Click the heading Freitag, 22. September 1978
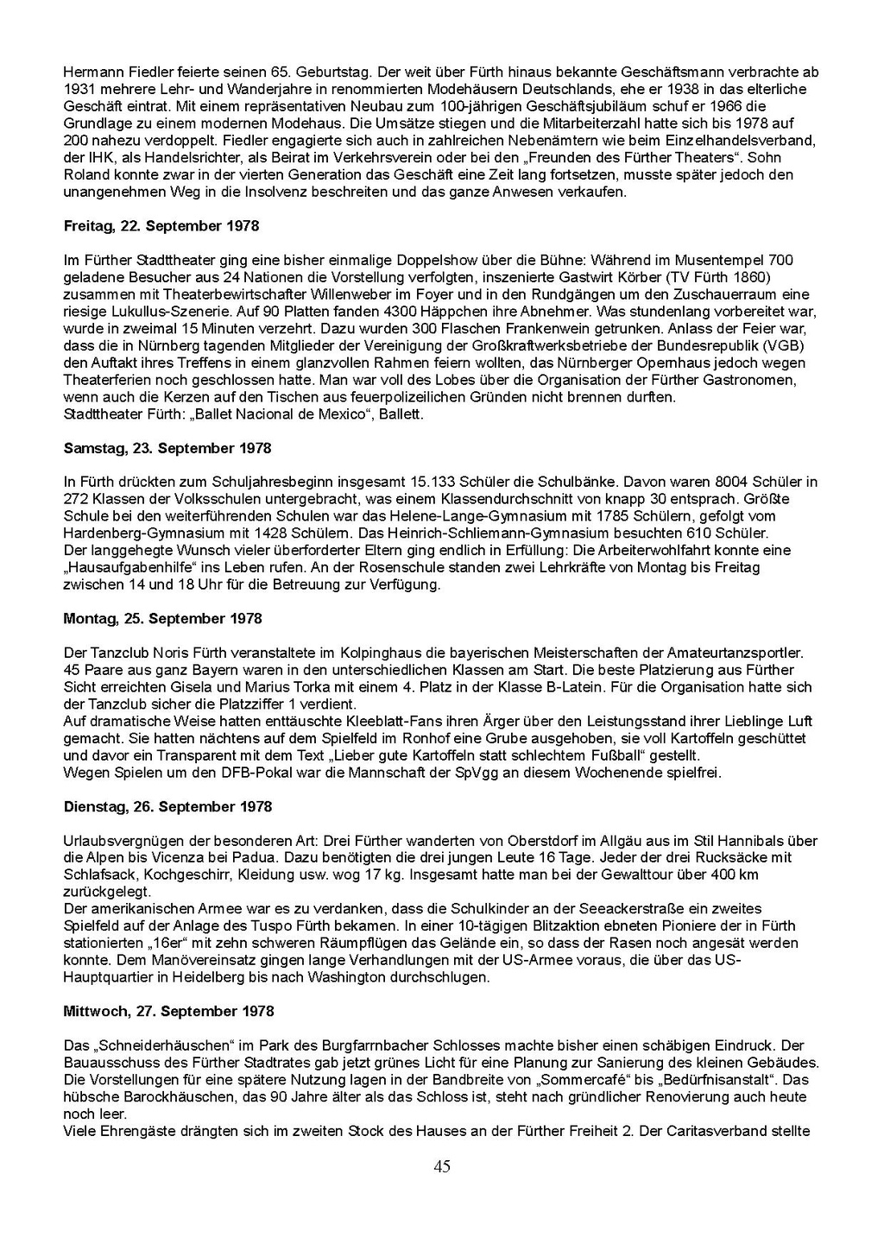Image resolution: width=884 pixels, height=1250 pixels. [161, 226]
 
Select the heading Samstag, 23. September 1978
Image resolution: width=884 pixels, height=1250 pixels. [167, 449]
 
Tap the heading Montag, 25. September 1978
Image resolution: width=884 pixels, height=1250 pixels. [163, 619]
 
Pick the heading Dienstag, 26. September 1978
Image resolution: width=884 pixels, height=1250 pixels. [167, 807]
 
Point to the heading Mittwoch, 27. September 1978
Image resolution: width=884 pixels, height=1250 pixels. [169, 1012]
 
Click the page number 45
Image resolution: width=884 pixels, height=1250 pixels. [442, 1167]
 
